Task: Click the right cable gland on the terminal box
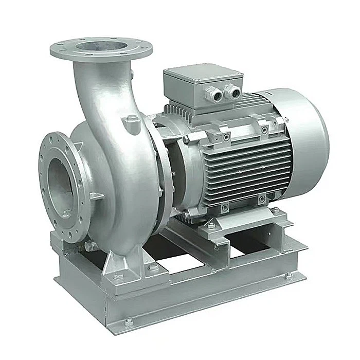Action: click(x=233, y=93)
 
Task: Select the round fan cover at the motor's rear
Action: click(x=303, y=129)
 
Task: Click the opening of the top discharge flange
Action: click(x=101, y=47)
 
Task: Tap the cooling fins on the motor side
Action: click(x=242, y=165)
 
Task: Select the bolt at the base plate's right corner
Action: click(x=289, y=275)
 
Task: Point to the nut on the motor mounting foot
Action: click(x=211, y=225)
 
